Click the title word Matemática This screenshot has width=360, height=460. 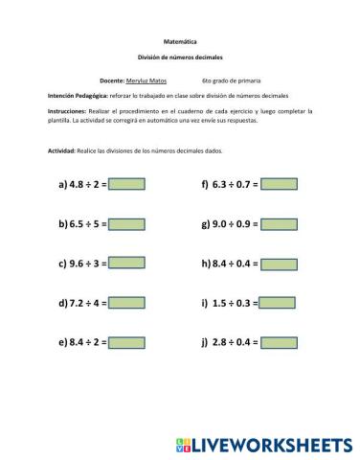pyautogui.click(x=179, y=43)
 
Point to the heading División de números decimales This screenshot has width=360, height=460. pyautogui.click(x=179, y=59)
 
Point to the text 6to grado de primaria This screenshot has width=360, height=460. pyautogui.click(x=231, y=82)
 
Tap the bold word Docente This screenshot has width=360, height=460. pyautogui.click(x=112, y=82)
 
